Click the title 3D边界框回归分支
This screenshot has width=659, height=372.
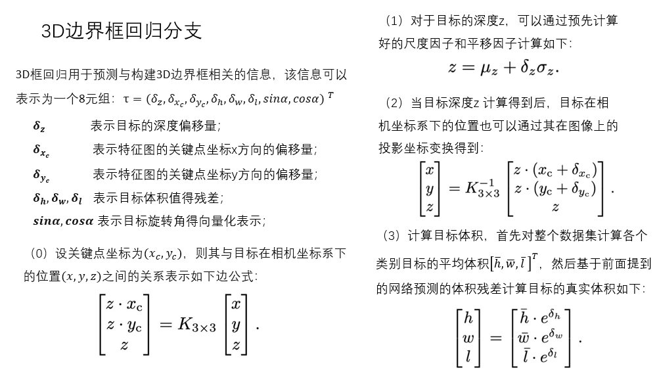(x=121, y=31)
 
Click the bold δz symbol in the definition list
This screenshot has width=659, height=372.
(x=39, y=126)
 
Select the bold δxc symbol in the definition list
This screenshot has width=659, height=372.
(x=41, y=151)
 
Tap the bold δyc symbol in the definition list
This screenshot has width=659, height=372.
(x=41, y=175)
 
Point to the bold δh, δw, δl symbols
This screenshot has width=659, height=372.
(x=58, y=198)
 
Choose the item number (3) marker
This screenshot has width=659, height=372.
(x=390, y=235)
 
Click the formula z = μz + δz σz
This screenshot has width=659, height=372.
(x=503, y=67)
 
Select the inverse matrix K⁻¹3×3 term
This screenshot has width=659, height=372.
(x=483, y=189)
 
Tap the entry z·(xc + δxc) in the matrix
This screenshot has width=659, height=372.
(x=555, y=171)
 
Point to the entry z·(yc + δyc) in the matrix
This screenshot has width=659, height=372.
(x=555, y=189)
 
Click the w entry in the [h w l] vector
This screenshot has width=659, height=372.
(x=468, y=338)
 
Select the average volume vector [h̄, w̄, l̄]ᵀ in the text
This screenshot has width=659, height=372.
(x=515, y=264)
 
